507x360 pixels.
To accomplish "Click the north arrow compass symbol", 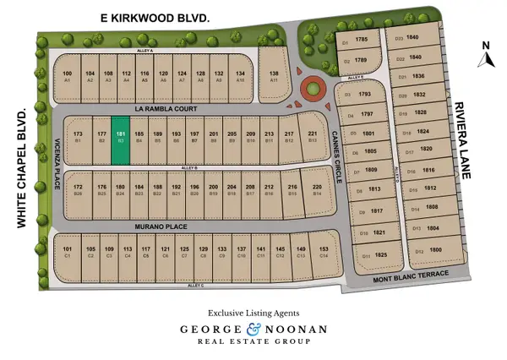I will coord(485,57).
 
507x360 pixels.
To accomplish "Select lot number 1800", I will coord(435,250).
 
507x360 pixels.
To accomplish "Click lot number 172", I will coord(78,188).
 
